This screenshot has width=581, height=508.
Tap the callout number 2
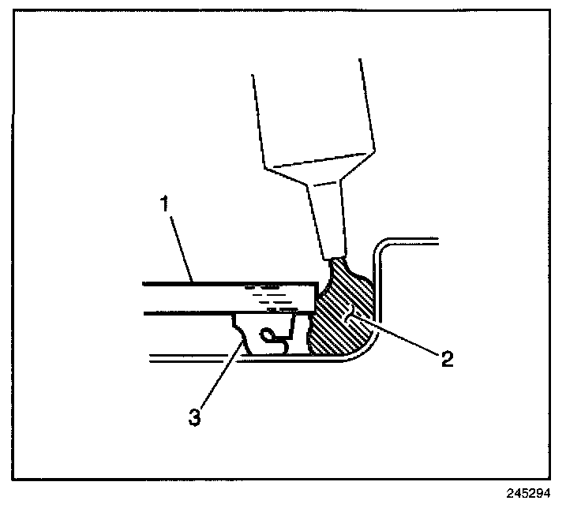click(x=447, y=360)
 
